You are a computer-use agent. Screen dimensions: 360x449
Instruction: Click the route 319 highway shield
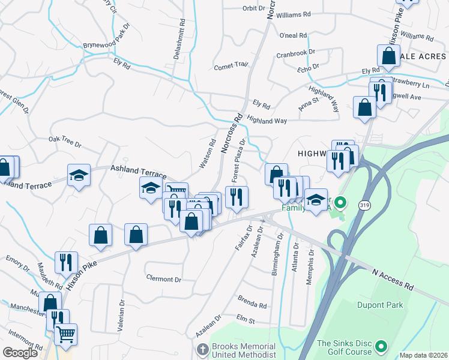pos(364,205)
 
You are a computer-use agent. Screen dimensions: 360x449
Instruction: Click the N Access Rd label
pos(393,278)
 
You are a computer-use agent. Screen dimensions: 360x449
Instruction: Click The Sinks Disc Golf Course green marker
pos(380,347)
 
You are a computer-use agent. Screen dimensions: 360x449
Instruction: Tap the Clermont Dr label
pos(164,280)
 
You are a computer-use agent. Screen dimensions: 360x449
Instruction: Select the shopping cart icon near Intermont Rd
pos(66,334)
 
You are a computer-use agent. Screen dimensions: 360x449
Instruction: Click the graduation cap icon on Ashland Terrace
pos(79,176)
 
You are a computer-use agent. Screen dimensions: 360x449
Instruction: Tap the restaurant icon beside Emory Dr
pos(65,262)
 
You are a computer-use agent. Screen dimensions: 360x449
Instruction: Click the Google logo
pos(20,353)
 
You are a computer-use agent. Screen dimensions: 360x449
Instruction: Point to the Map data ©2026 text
pos(424,355)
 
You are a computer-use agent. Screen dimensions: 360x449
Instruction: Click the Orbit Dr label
pos(253,8)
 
